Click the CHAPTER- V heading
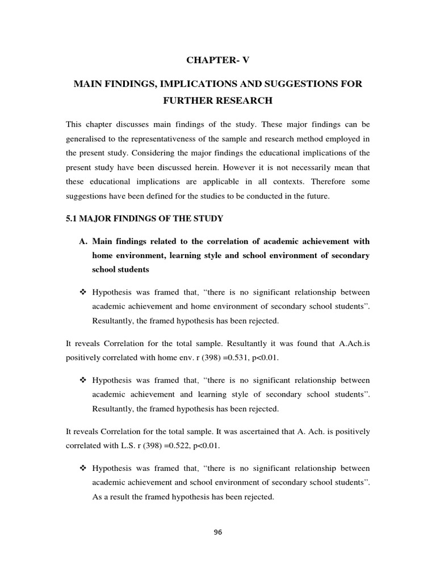pos(217,61)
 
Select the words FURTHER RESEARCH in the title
pos(217,101)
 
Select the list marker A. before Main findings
pos(82,241)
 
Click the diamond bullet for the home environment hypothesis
pos(82,292)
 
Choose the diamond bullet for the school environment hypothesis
pos(82,469)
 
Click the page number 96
pos(217,532)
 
